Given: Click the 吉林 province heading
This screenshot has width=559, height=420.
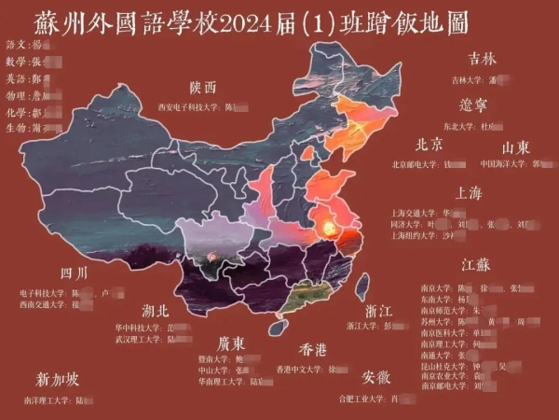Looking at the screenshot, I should pos(482,59).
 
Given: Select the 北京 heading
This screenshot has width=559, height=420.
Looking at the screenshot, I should pos(429,146).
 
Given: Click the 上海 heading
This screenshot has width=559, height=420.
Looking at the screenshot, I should pos(468,193).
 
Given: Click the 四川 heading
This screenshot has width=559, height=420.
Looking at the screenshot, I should pos(74,273).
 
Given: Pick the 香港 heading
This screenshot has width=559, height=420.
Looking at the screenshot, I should pos(312,350).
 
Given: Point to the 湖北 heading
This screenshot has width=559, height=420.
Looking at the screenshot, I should pos(156,310).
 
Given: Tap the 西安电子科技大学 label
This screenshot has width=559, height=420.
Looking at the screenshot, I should pos(190,107).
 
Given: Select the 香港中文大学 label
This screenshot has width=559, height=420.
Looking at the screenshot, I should pos(301,369).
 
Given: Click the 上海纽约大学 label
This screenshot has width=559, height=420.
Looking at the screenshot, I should pos(416,235).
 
